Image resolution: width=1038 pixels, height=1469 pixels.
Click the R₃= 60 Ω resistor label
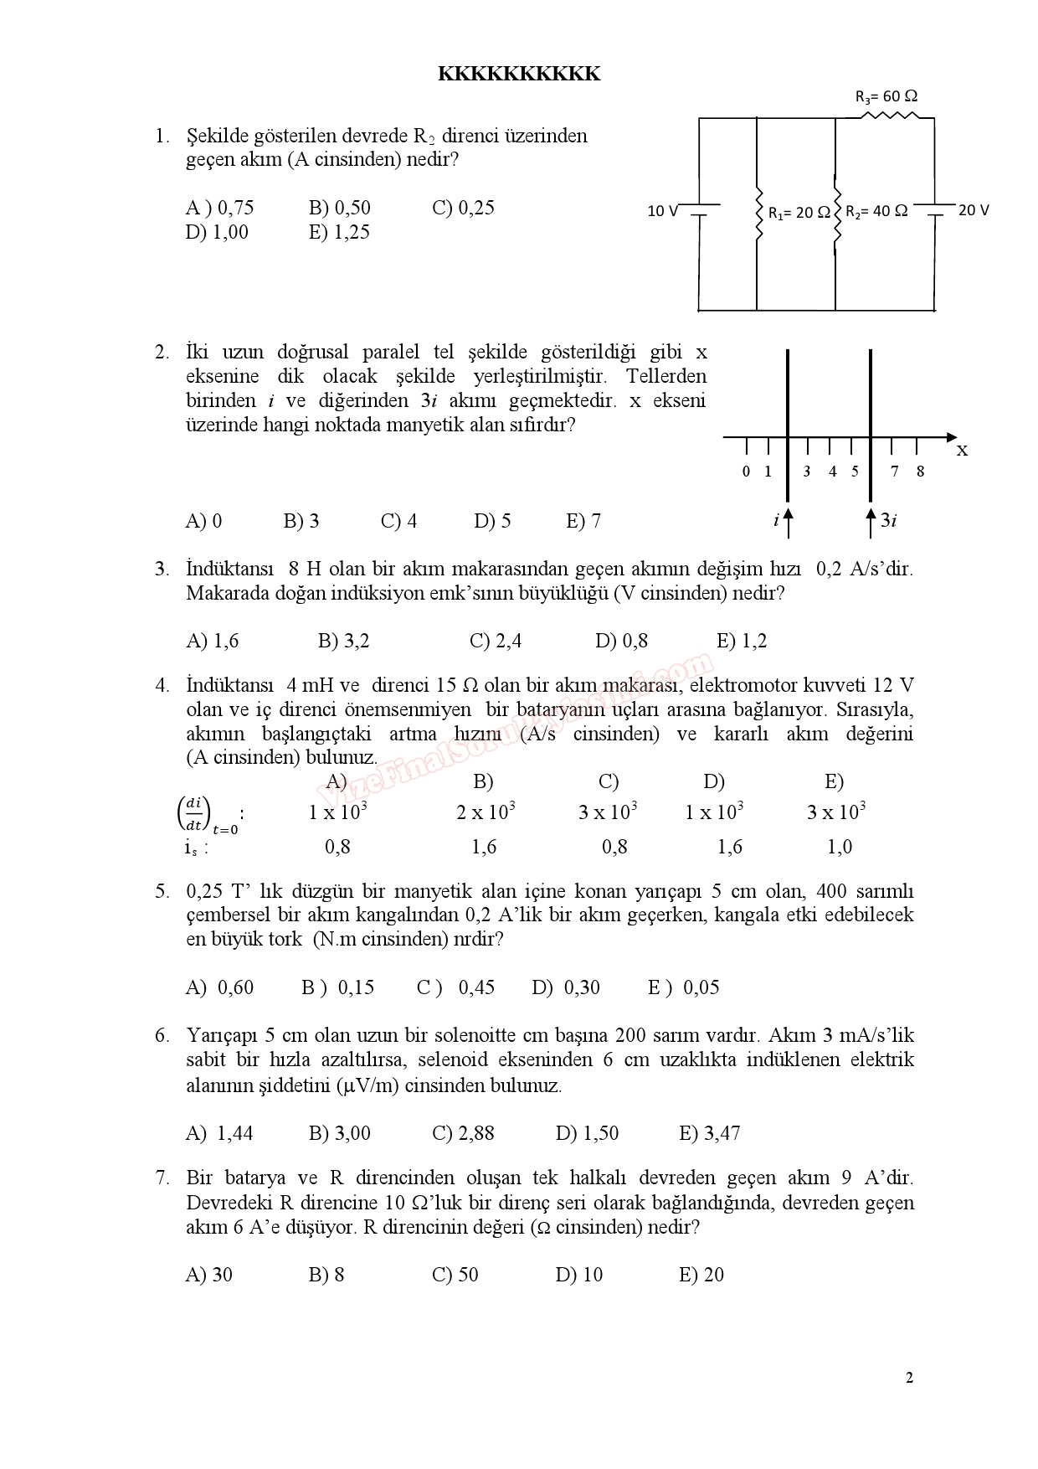point(886,97)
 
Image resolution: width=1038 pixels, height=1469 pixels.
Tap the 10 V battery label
point(662,211)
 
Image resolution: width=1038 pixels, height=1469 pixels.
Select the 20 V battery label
point(973,210)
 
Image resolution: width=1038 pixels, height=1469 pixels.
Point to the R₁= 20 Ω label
point(799,213)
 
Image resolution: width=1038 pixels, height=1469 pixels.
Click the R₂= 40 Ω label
point(876,211)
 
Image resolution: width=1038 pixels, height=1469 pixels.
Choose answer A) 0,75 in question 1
point(219,208)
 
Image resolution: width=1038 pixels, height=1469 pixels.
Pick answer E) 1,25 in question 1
point(339,233)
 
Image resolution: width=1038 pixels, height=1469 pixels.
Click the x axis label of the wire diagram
point(962,451)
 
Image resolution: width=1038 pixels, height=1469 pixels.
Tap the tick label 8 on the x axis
point(920,472)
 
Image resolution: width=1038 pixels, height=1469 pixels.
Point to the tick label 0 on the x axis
point(746,472)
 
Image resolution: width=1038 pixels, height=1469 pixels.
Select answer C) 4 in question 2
point(398,522)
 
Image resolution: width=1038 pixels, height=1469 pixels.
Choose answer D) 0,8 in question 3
point(621,642)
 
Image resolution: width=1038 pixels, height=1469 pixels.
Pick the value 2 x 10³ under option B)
point(486,812)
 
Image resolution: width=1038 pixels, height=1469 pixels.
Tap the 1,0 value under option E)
point(840,848)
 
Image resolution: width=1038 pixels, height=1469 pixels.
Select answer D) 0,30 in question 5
point(566,988)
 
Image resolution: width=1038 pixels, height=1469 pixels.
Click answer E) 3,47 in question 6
point(710,1134)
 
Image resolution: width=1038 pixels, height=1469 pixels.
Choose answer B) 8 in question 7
point(326,1276)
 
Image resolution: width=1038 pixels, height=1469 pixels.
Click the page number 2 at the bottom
point(909,1378)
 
